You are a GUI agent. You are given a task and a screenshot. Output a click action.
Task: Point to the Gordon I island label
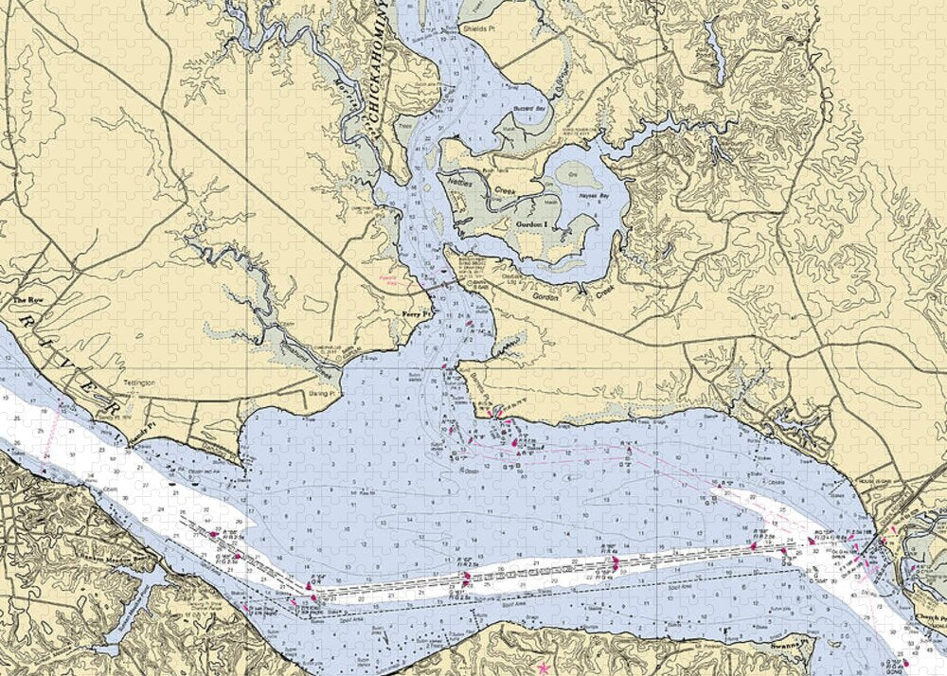pyautogui.click(x=531, y=224)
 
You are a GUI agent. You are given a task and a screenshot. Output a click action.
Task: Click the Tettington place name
pyautogui.click(x=128, y=382)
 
